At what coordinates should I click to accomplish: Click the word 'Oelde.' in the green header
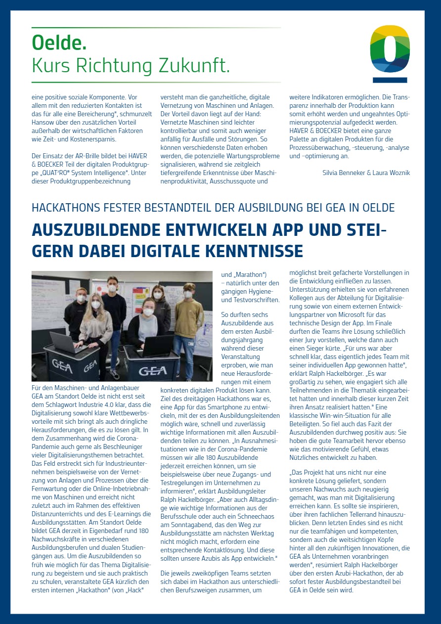coord(59,43)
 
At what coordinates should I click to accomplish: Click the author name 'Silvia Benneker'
coord(344,173)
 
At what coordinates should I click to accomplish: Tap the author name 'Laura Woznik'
coord(391,173)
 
